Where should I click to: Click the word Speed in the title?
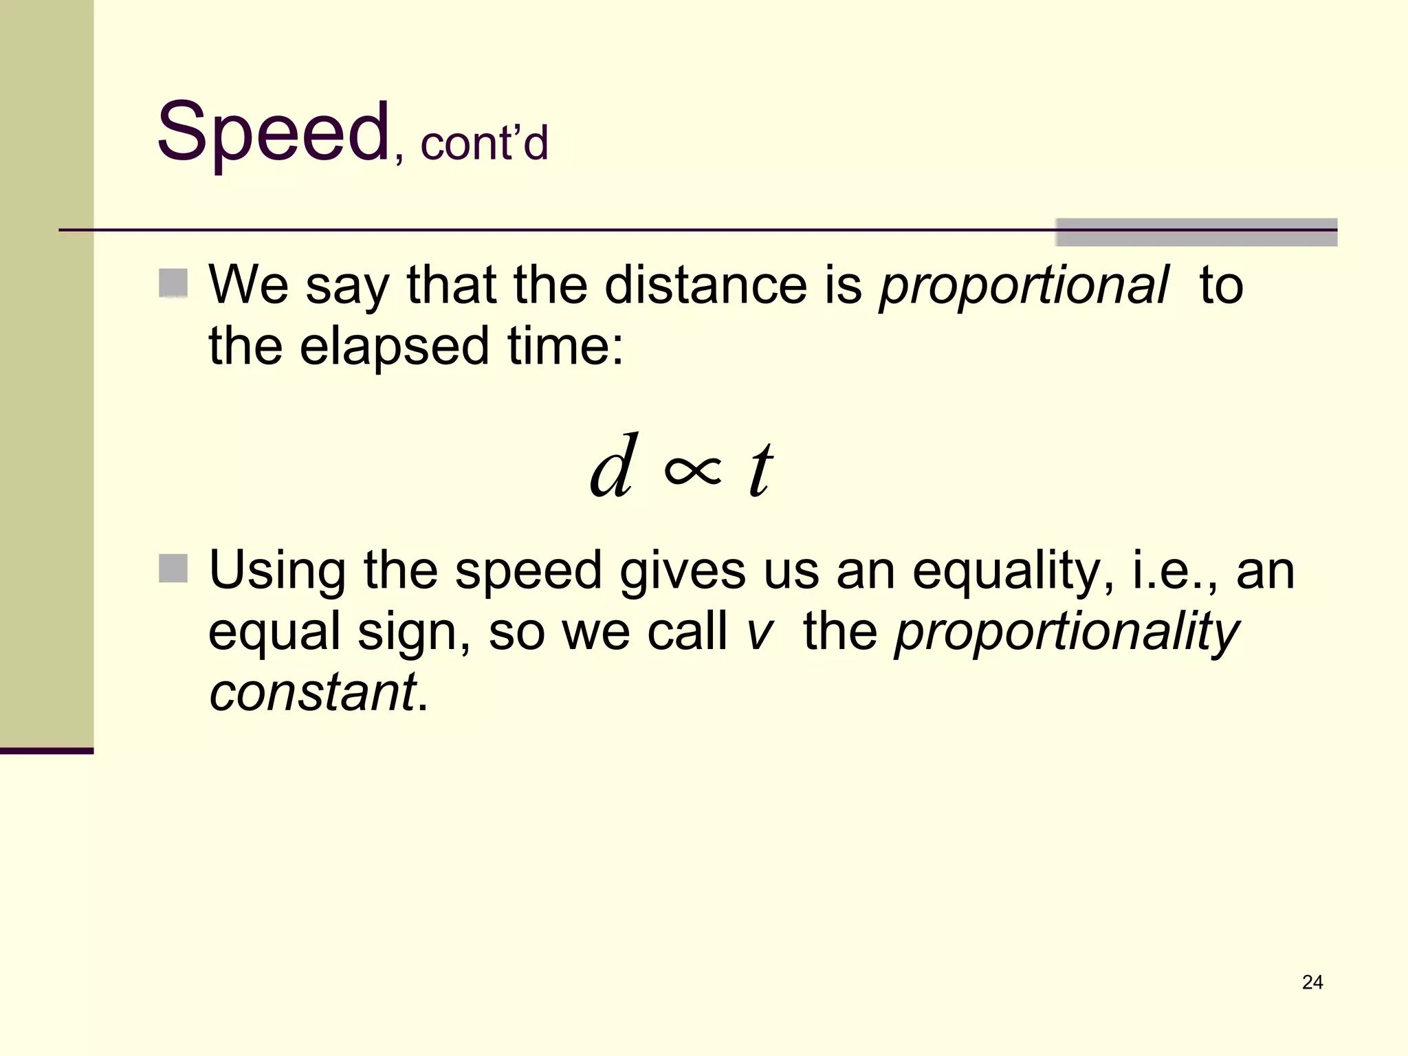tap(273, 132)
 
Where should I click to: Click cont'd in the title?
tap(484, 144)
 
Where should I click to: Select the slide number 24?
tap(1312, 982)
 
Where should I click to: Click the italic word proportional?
tap(1023, 285)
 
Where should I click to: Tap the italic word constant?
tap(312, 692)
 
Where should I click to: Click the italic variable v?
tap(760, 632)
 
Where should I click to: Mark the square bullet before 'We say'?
tap(173, 283)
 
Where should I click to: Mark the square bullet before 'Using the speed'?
tap(173, 569)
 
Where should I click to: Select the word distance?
tap(705, 285)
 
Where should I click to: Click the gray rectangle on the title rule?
tap(1196, 232)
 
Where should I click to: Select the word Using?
tap(277, 571)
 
